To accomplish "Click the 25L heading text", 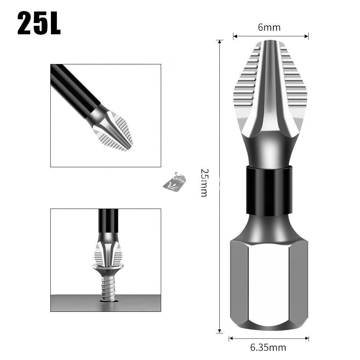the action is click(39, 23).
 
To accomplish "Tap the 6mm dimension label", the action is click(269, 27).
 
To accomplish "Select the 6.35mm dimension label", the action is click(268, 347).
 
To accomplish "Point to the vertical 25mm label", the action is click(205, 183).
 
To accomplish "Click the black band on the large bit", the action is click(269, 191).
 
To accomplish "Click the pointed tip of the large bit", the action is click(270, 41).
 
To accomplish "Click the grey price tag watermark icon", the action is click(174, 181).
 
